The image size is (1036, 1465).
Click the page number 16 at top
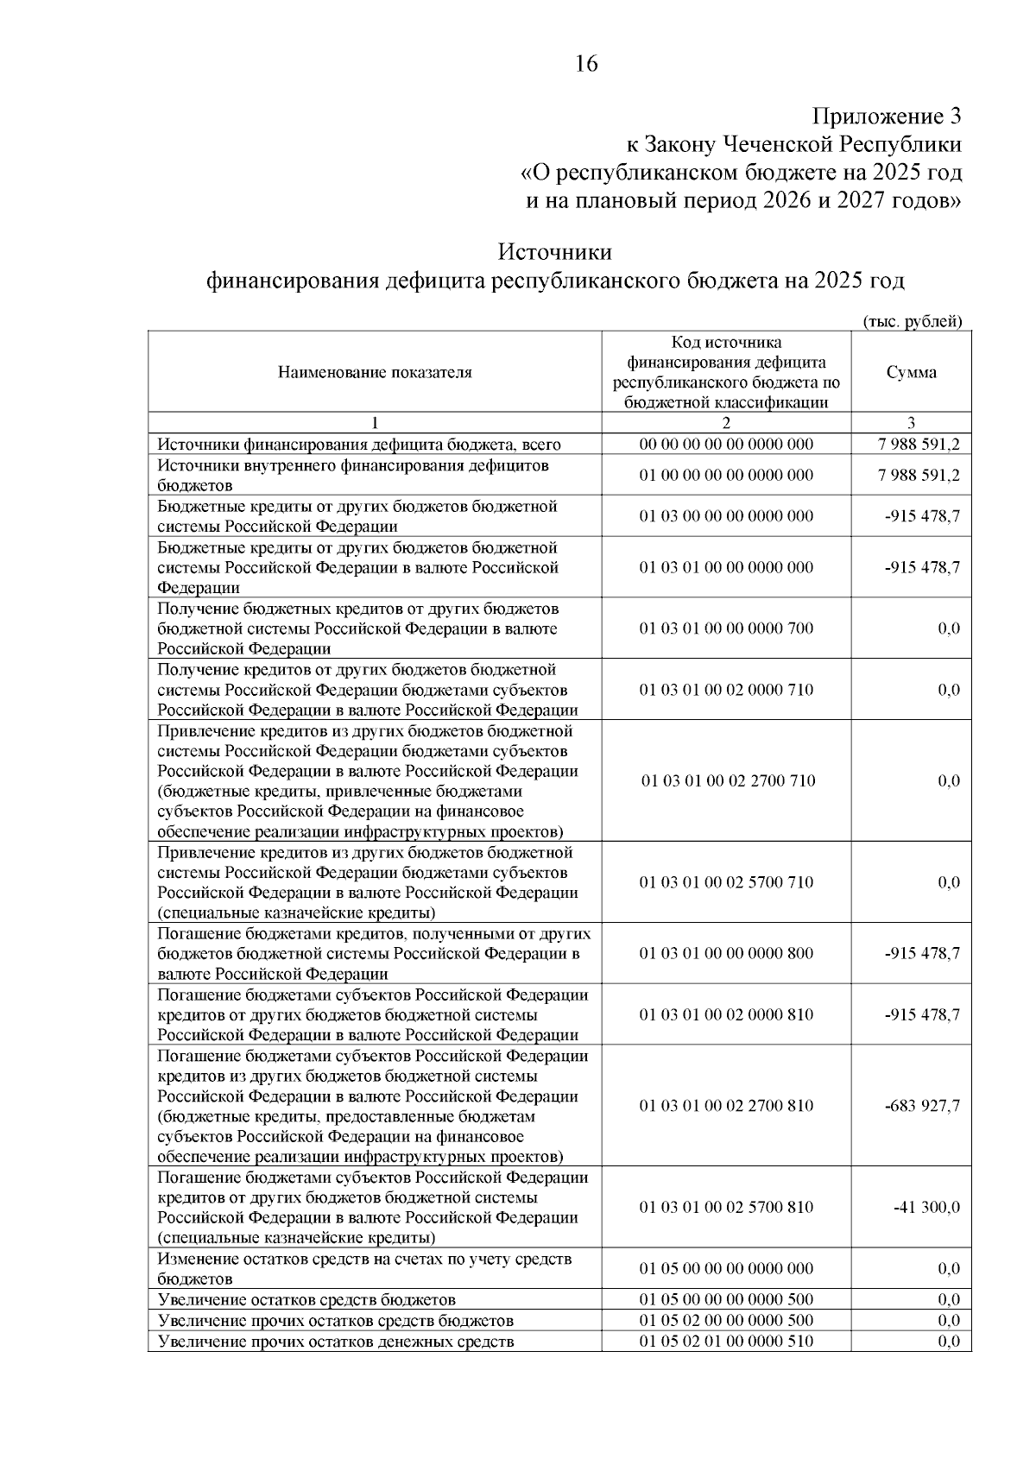tap(585, 64)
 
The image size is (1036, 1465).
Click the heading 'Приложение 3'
tap(887, 116)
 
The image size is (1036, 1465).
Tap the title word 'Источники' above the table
tap(555, 252)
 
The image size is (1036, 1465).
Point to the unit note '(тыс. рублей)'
tap(913, 321)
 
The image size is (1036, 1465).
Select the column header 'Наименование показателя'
tap(375, 372)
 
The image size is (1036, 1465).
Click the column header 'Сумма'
tap(911, 372)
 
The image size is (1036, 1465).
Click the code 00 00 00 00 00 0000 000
tap(726, 445)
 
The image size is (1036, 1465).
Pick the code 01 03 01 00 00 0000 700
tap(726, 628)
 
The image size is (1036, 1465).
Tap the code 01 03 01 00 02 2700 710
tap(726, 780)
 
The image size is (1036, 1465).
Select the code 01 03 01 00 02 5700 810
tap(726, 1207)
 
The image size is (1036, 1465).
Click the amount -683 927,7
tap(922, 1106)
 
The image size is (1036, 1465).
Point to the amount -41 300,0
tap(926, 1207)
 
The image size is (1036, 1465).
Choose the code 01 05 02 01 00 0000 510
tap(726, 1341)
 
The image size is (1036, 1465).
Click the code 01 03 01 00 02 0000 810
tap(726, 1014)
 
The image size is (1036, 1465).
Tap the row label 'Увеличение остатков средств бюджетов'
tap(306, 1299)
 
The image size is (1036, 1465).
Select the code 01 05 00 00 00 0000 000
tap(726, 1268)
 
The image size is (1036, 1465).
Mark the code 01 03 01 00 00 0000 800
tap(726, 953)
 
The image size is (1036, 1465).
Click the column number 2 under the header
tap(726, 423)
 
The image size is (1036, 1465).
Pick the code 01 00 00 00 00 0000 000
tap(726, 475)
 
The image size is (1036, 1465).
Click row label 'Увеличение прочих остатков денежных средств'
tap(336, 1341)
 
